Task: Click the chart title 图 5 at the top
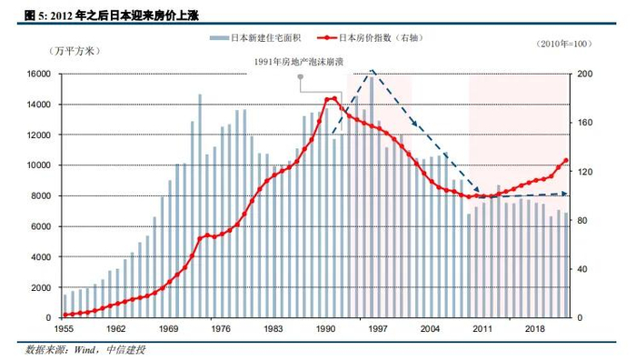tap(111, 15)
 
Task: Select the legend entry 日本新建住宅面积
tap(255, 38)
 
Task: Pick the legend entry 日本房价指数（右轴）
tap(371, 38)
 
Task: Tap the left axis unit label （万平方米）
tap(75, 51)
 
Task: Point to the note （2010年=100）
tap(564, 44)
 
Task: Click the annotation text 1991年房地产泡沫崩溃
tap(299, 62)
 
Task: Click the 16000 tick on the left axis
tap(39, 74)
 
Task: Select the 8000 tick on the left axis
tap(42, 196)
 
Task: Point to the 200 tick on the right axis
tap(585, 74)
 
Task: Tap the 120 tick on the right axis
tap(585, 172)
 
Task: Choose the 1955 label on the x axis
tap(64, 329)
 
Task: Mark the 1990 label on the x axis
tap(325, 329)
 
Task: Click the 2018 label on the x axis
tap(535, 329)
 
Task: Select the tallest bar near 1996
tap(372, 197)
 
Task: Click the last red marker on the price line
tap(566, 161)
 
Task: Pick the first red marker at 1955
tap(65, 315)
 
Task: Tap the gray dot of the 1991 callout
tap(300, 76)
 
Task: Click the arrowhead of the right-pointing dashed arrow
tap(564, 194)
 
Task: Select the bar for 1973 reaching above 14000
tap(200, 205)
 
